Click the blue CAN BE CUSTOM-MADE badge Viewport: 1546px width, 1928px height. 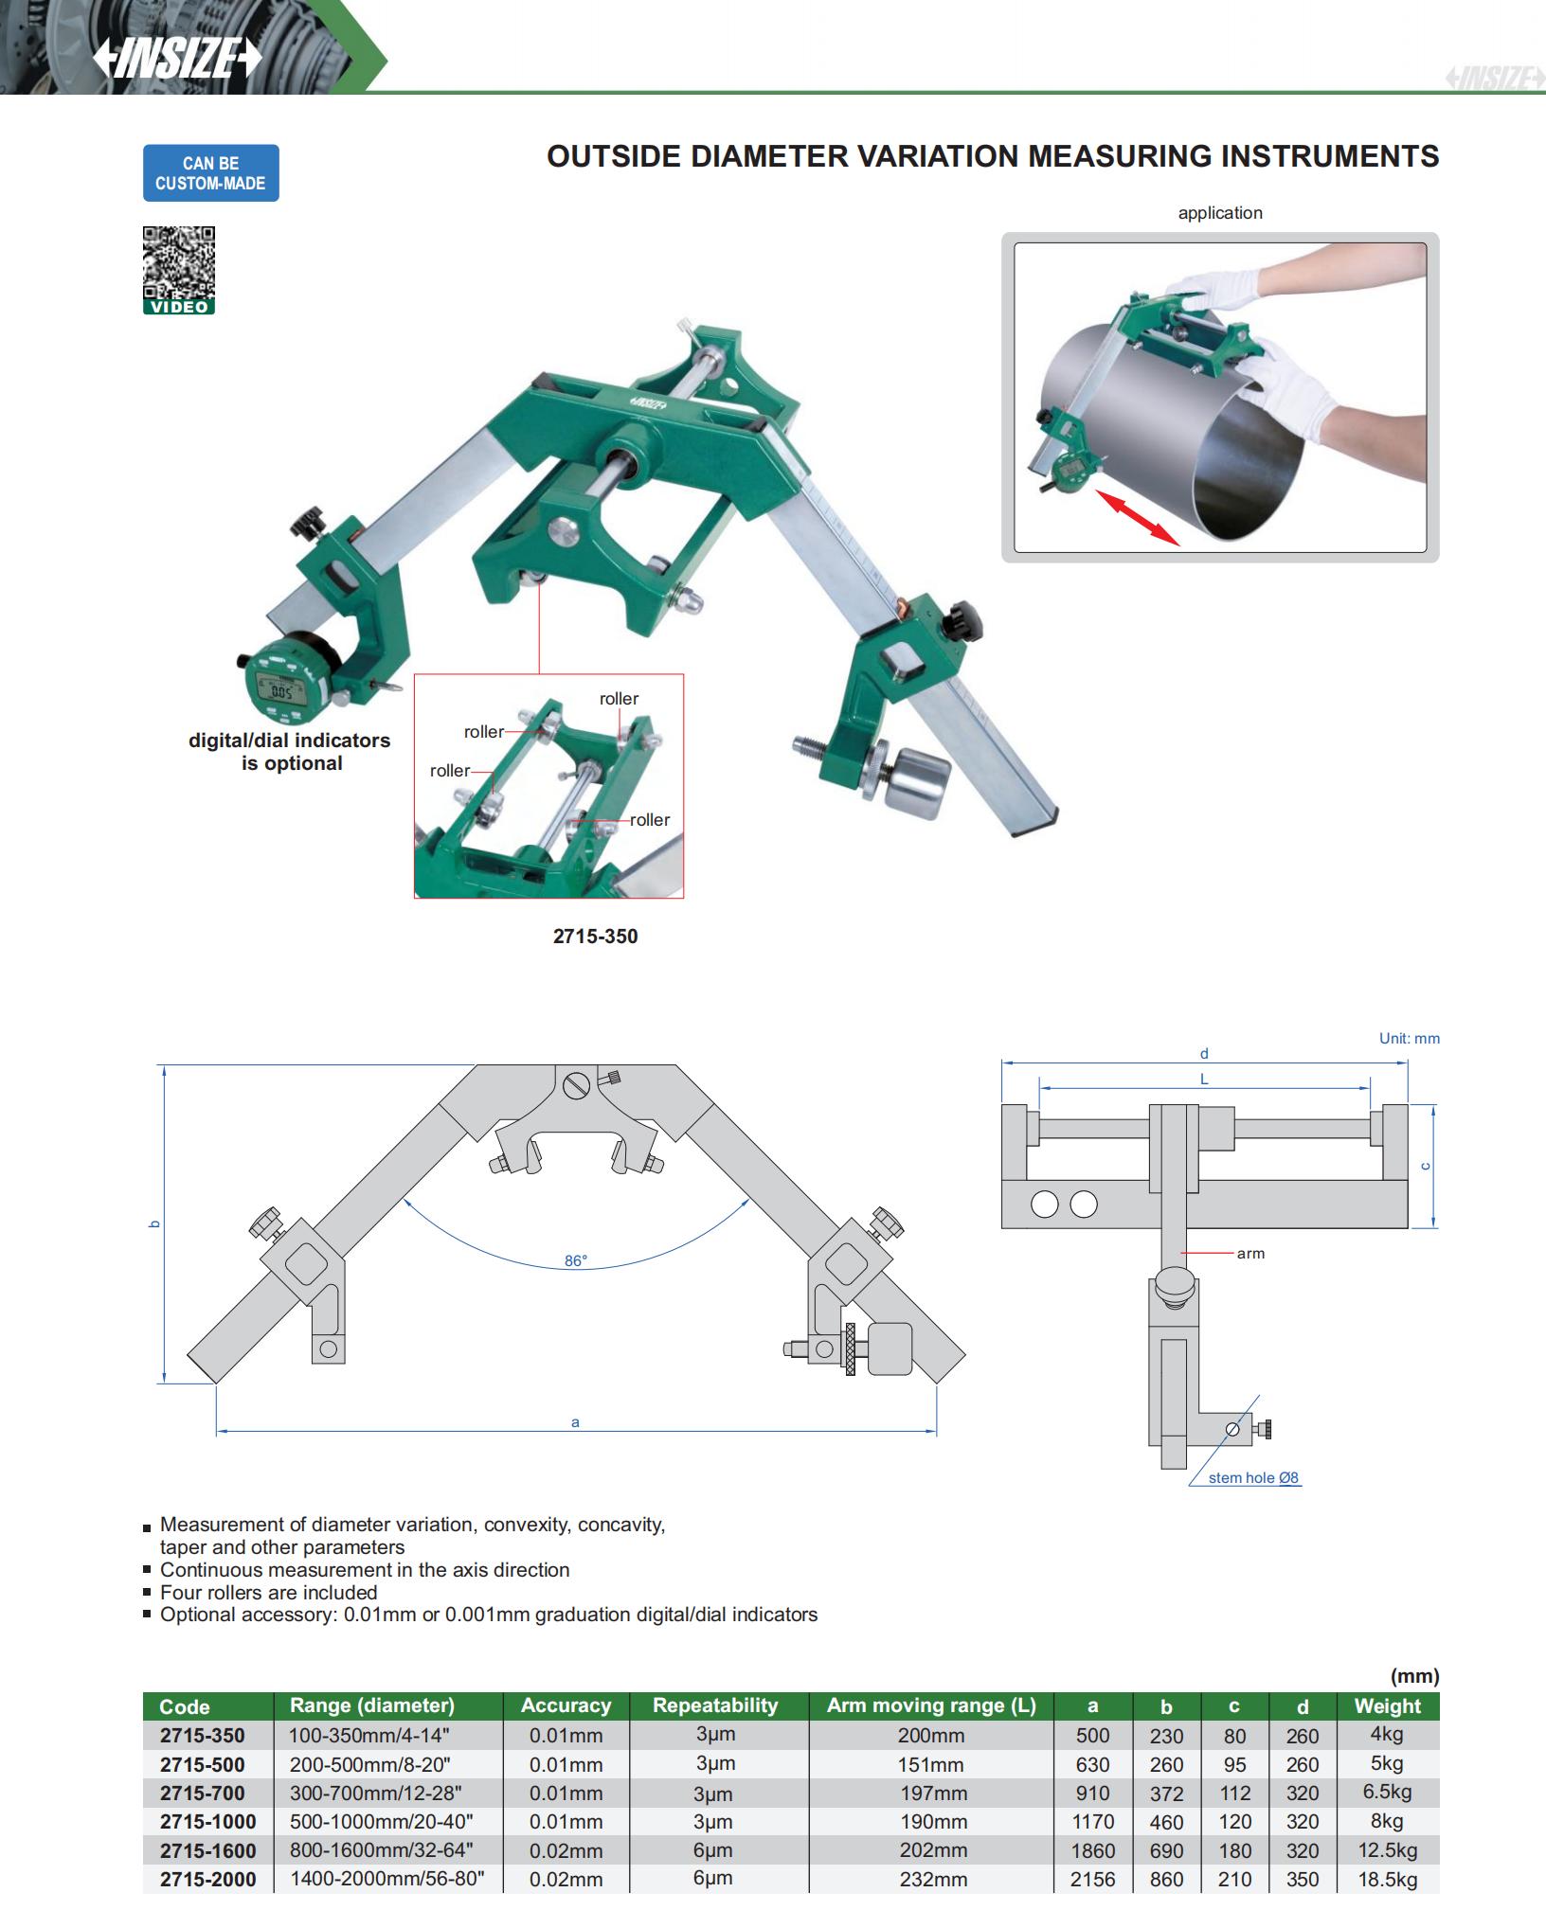[x=210, y=173]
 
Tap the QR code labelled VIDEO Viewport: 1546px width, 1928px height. [x=179, y=270]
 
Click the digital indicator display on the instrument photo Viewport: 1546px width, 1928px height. [x=281, y=691]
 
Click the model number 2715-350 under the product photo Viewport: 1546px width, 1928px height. [x=595, y=937]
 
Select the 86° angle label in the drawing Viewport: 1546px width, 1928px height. [x=576, y=1260]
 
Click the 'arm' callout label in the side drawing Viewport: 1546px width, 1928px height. [x=1250, y=1254]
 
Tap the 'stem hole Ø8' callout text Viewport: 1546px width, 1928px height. [x=1253, y=1477]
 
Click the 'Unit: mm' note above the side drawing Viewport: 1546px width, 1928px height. [x=1409, y=1038]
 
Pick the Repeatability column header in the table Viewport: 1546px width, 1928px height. [x=715, y=1705]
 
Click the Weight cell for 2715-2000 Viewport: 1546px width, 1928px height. [x=1387, y=1879]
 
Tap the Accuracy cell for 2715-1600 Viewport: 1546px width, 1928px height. [x=566, y=1850]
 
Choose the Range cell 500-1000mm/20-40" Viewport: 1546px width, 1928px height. [x=381, y=1821]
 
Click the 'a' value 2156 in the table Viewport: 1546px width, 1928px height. [x=1092, y=1879]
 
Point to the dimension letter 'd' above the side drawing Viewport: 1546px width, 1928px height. [x=1204, y=1053]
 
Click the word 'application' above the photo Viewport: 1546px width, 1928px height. [x=1220, y=213]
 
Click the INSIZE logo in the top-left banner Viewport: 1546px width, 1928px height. [x=177, y=60]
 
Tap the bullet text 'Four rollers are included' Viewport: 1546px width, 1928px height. [x=268, y=1592]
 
